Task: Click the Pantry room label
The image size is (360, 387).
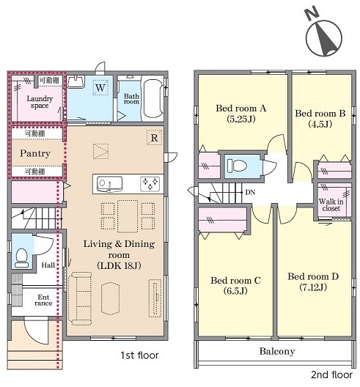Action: (35, 153)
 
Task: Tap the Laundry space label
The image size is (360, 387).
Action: (40, 102)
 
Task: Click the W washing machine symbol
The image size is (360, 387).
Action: (100, 88)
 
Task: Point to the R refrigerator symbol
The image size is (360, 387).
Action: (154, 138)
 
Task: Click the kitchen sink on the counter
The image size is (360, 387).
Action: (110, 184)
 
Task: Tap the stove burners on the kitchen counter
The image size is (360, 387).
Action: (150, 184)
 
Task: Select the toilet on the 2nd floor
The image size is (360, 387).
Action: (237, 166)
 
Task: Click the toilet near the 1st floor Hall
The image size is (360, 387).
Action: (21, 258)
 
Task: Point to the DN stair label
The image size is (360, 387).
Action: (250, 192)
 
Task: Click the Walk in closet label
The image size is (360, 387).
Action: (331, 204)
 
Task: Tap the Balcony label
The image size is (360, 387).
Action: (277, 351)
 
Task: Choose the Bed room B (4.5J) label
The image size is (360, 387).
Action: (320, 119)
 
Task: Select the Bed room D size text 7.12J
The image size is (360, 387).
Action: (313, 287)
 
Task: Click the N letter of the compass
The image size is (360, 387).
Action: (312, 14)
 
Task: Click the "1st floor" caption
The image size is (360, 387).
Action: (139, 355)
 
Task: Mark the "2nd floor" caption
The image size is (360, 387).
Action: (331, 375)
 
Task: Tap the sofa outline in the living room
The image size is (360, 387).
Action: (81, 298)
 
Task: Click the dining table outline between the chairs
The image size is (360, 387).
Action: (128, 216)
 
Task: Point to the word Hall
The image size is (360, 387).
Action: (48, 265)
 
